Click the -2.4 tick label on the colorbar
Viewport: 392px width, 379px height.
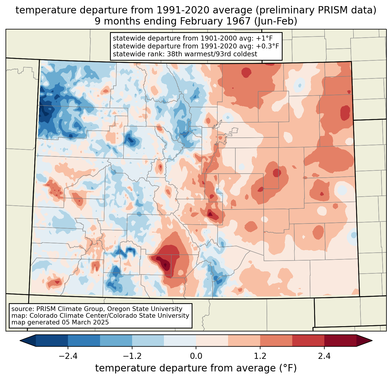click(68, 356)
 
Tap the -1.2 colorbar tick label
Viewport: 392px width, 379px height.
click(132, 356)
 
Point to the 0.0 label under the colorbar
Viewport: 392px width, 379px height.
click(196, 356)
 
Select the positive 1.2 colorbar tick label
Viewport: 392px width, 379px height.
click(260, 356)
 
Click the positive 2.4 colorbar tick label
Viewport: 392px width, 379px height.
click(324, 356)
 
